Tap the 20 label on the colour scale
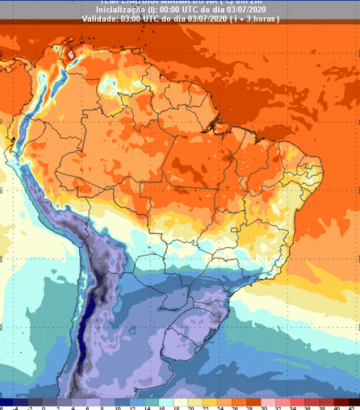(x=189, y=406)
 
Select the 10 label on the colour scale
(x=116, y=406)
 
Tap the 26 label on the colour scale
(x=232, y=406)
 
